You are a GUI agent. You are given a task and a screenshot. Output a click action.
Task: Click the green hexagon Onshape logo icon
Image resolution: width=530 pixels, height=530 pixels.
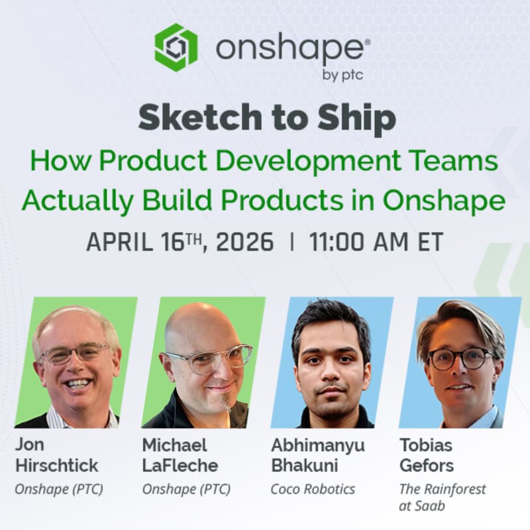coord(176,48)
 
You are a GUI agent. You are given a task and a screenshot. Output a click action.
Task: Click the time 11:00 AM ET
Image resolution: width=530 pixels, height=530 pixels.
coord(376,242)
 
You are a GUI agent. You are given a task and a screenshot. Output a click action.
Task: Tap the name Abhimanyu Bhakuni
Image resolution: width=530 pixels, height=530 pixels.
coord(317,454)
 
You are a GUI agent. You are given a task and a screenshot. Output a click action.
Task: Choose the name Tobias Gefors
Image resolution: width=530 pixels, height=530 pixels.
coord(427,454)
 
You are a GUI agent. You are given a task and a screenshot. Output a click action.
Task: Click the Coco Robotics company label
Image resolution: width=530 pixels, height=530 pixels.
coord(313,490)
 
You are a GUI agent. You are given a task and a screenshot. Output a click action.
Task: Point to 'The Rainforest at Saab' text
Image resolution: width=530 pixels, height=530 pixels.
coord(442,498)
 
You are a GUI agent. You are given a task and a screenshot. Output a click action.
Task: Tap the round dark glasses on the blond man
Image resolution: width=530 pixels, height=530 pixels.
coord(462,358)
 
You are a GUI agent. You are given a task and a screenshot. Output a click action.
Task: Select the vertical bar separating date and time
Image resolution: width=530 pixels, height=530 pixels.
coord(291,242)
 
